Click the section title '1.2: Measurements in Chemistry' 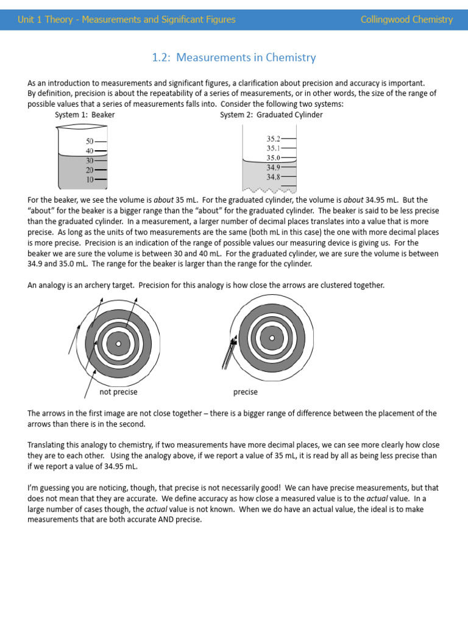pos(234,58)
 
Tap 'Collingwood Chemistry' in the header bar pos(406,20)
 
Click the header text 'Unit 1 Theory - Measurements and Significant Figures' pos(127,20)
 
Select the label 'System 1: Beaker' pos(85,115)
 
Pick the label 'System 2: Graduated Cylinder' pos(271,115)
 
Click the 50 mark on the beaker pos(90,141)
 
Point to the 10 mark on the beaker pos(90,179)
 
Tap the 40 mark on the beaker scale pos(90,151)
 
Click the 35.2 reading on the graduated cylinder pos(274,139)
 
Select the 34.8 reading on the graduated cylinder pos(274,177)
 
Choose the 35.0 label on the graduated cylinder pos(274,157)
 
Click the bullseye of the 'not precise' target pos(119,344)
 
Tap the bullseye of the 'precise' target pos(272,338)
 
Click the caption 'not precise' pos(118,392)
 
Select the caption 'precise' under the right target pos(245,392)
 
